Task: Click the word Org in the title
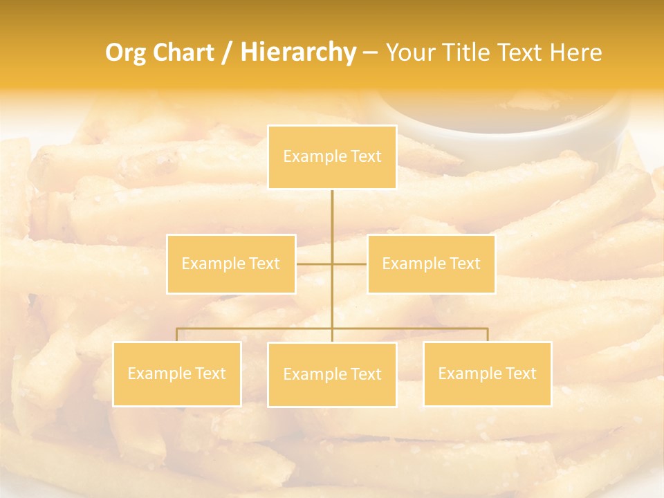[125, 53]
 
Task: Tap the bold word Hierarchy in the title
[297, 53]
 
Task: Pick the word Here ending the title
[575, 53]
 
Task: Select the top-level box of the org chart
[332, 157]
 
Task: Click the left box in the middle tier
[231, 264]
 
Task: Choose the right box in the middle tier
[431, 264]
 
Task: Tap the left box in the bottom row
[177, 373]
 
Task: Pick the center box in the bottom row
[332, 374]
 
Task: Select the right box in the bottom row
[488, 373]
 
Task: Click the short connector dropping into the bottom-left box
[177, 335]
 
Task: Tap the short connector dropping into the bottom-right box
[488, 335]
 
